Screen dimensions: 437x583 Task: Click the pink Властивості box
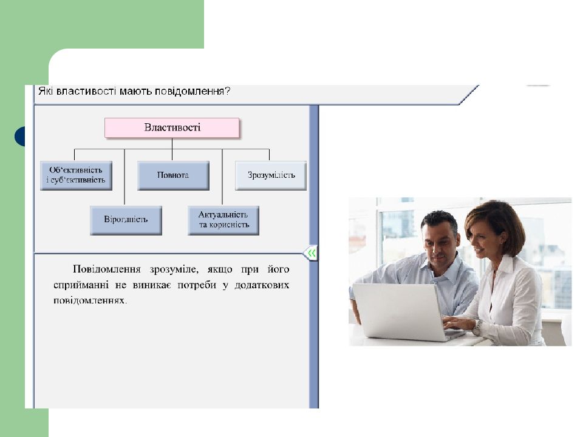pyautogui.click(x=172, y=127)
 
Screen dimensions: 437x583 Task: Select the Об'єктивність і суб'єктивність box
pyautogui.click(x=76, y=175)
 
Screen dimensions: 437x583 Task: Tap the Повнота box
pyautogui.click(x=173, y=175)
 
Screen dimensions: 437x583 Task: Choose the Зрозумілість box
pyautogui.click(x=271, y=175)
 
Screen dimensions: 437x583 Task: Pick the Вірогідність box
pyautogui.click(x=126, y=220)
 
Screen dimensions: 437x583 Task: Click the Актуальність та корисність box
pyautogui.click(x=223, y=220)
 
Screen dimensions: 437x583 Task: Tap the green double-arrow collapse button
pyautogui.click(x=310, y=252)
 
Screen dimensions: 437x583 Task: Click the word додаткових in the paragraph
pyautogui.click(x=262, y=285)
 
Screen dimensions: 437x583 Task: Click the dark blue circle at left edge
pyautogui.click(x=19, y=137)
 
